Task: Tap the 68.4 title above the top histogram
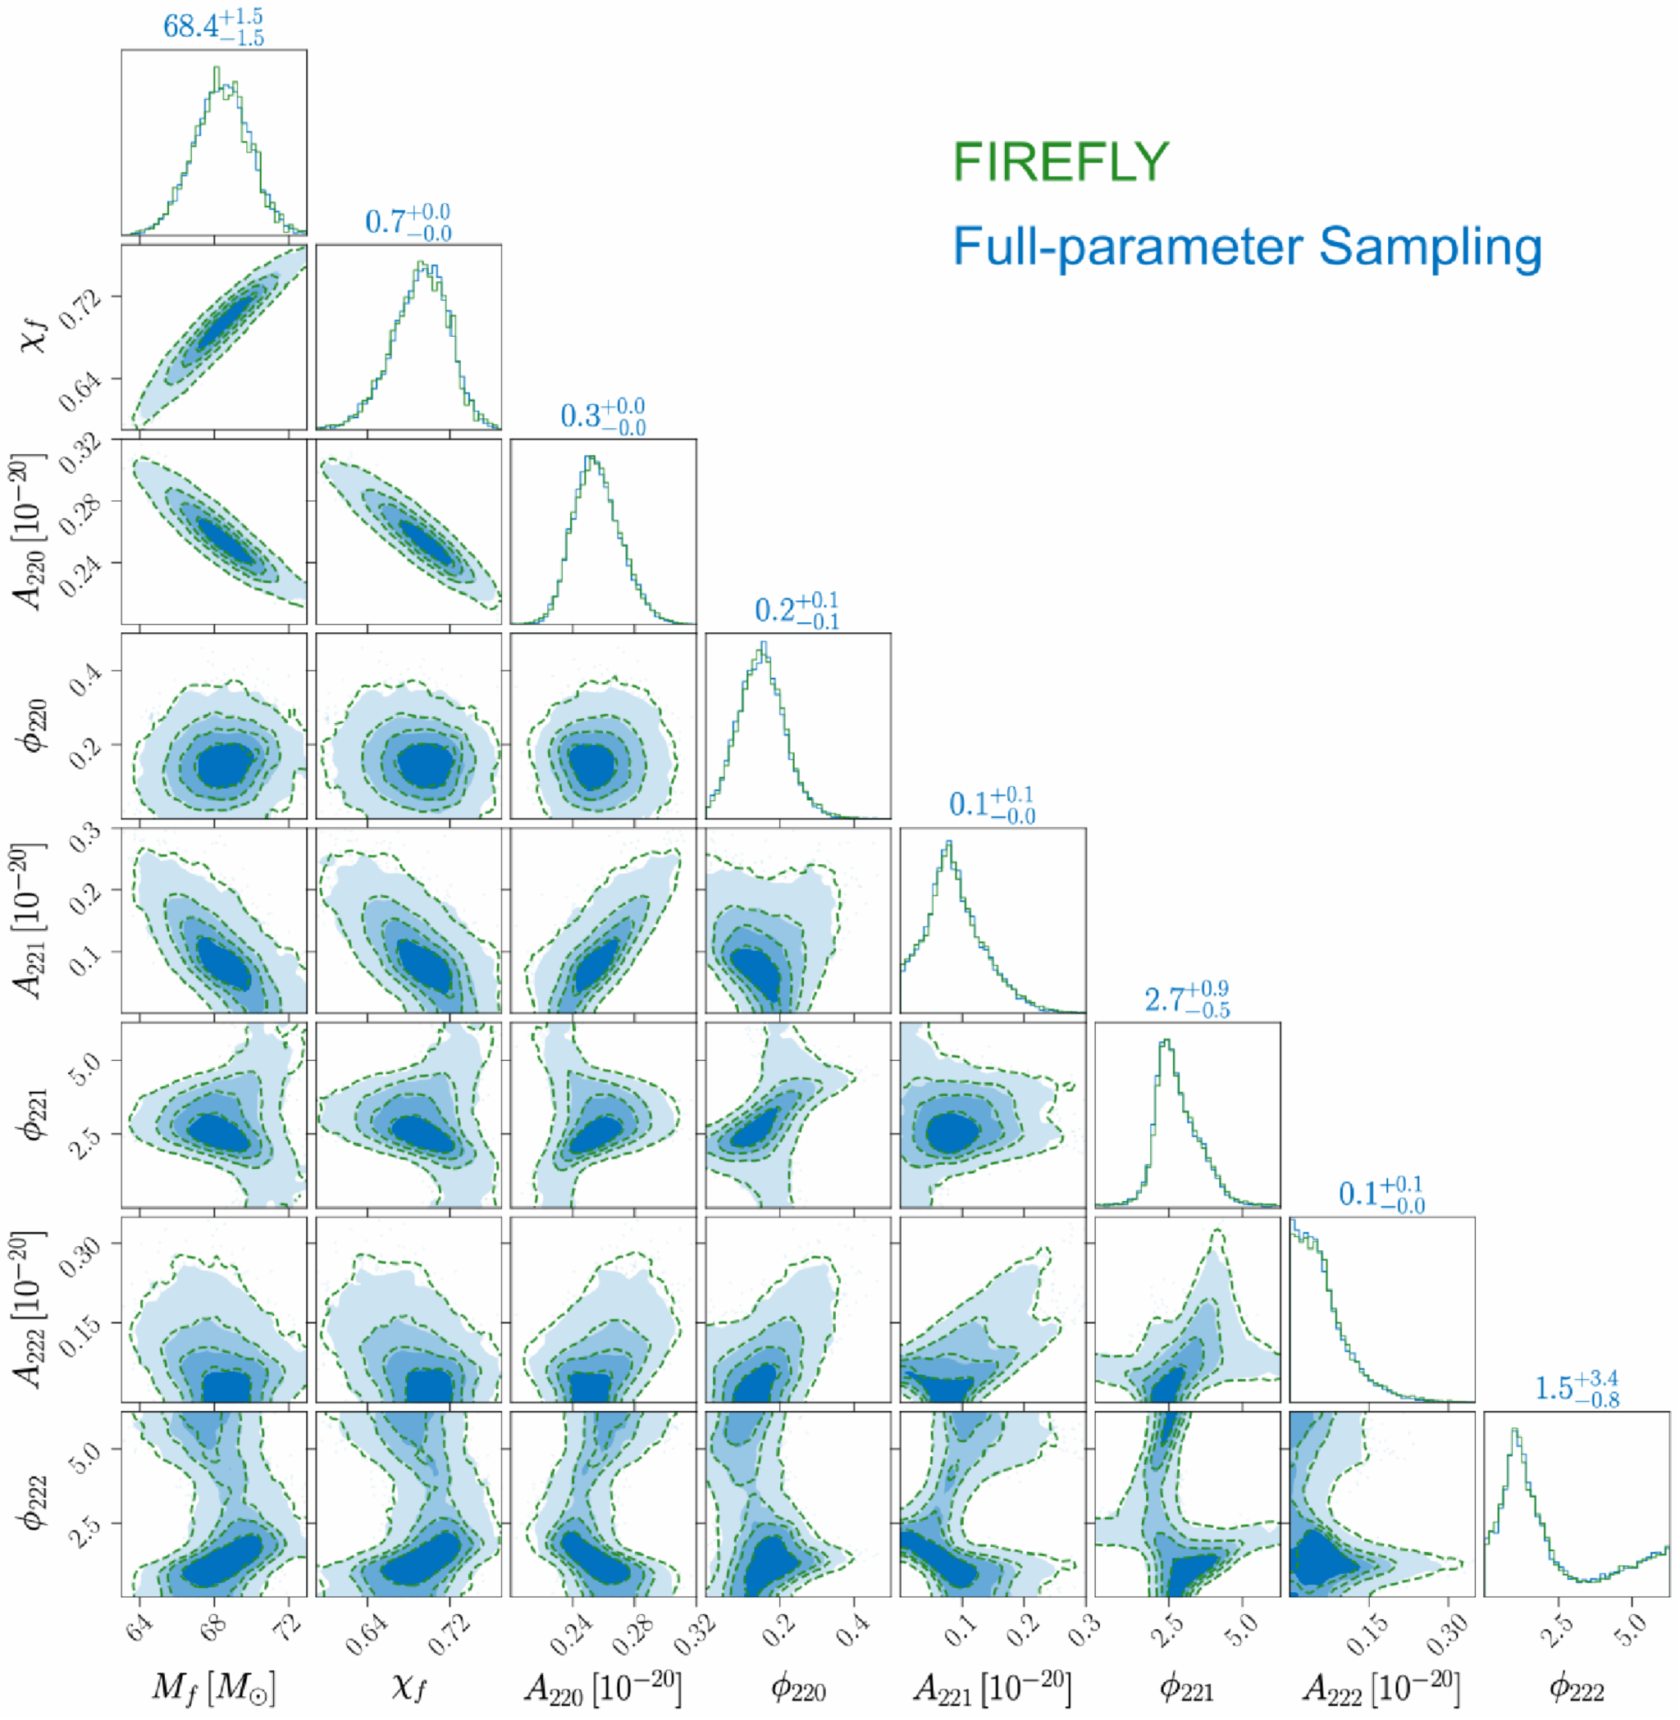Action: click(x=212, y=26)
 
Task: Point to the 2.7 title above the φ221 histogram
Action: click(x=1187, y=1000)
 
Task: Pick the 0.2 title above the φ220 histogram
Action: click(x=797, y=611)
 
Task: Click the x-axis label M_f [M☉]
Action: click(x=213, y=1686)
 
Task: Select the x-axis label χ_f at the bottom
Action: click(x=409, y=1686)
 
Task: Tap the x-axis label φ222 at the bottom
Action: click(x=1576, y=1688)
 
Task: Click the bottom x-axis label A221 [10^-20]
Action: click(x=992, y=1686)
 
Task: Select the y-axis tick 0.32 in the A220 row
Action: click(x=84, y=452)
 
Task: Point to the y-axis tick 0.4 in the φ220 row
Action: click(x=86, y=679)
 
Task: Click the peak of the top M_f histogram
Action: click(x=217, y=69)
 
